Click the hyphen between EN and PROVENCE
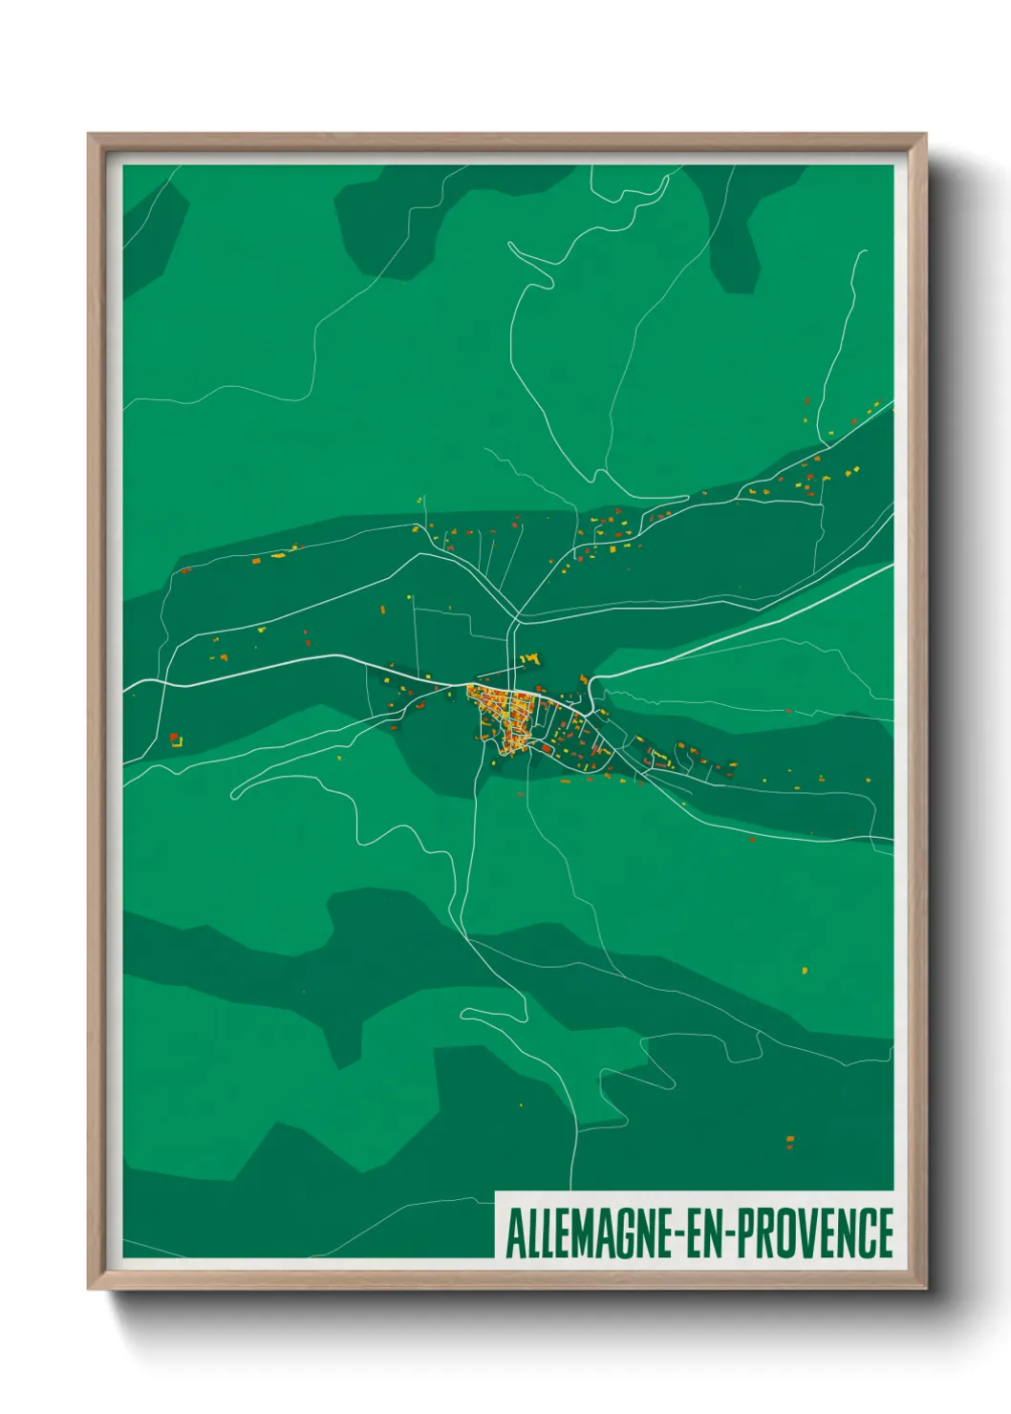pos(732,1235)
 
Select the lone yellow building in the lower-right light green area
pos(805,970)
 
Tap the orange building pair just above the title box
pos(789,1141)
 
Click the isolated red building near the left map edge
pos(175,739)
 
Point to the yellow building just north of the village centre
pos(532,658)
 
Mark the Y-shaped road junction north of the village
pos(517,618)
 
